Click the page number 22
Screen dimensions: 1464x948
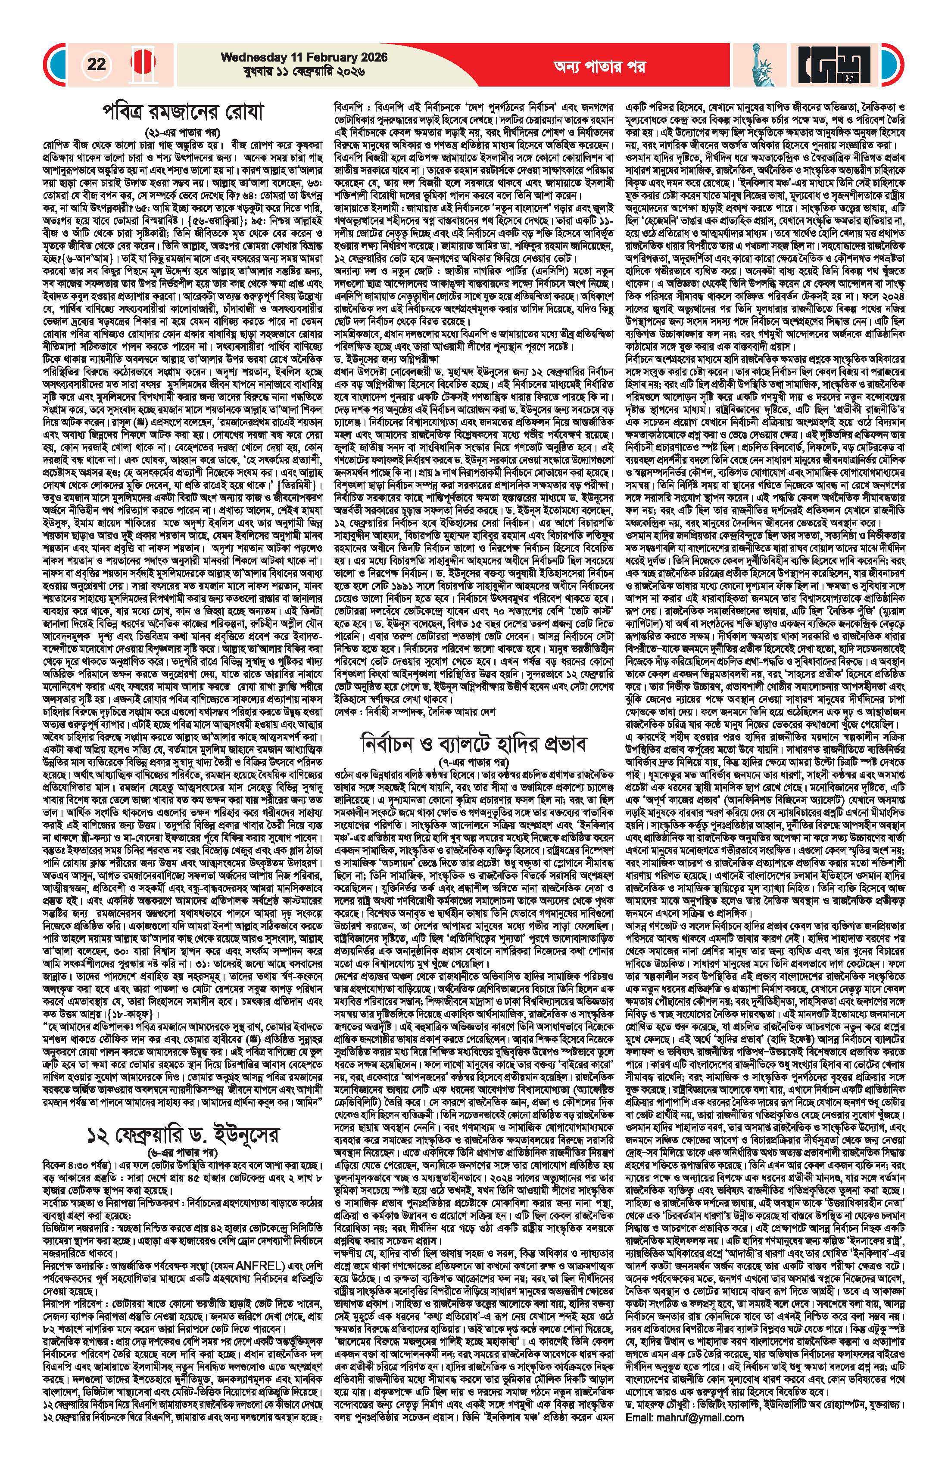pos(97,64)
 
